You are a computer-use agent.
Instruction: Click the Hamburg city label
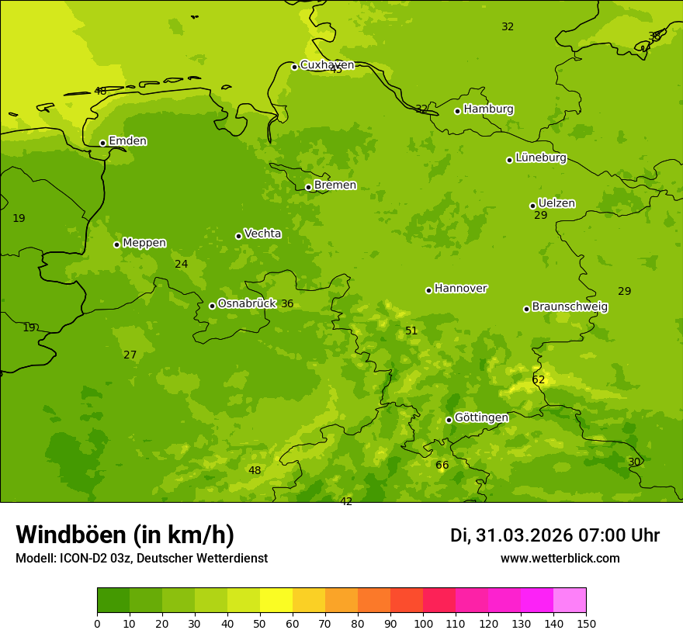coord(488,109)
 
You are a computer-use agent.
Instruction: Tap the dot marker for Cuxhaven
coord(294,67)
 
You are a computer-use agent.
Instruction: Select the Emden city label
coord(127,141)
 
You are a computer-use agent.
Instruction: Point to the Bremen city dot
coord(308,187)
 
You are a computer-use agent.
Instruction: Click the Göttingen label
coord(481,418)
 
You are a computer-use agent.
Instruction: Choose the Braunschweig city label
coord(570,307)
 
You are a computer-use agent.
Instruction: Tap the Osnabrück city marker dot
coord(212,306)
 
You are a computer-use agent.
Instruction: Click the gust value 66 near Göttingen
coord(442,466)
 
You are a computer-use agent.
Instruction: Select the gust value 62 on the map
coord(538,380)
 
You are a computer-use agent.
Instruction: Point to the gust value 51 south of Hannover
coord(411,331)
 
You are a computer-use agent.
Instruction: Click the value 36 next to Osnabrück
coord(287,304)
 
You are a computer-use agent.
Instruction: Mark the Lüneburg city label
coord(540,158)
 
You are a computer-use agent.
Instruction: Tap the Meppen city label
coord(144,243)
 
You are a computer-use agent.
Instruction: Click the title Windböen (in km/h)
coord(125,535)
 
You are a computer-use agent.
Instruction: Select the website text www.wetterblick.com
coord(560,558)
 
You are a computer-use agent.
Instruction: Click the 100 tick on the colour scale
coord(423,623)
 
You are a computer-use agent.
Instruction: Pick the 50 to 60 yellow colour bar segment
coord(276,600)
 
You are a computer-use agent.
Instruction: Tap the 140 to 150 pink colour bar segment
coord(570,600)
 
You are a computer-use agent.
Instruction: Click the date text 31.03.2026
coord(524,535)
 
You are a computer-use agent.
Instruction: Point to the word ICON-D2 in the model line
coord(80,558)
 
